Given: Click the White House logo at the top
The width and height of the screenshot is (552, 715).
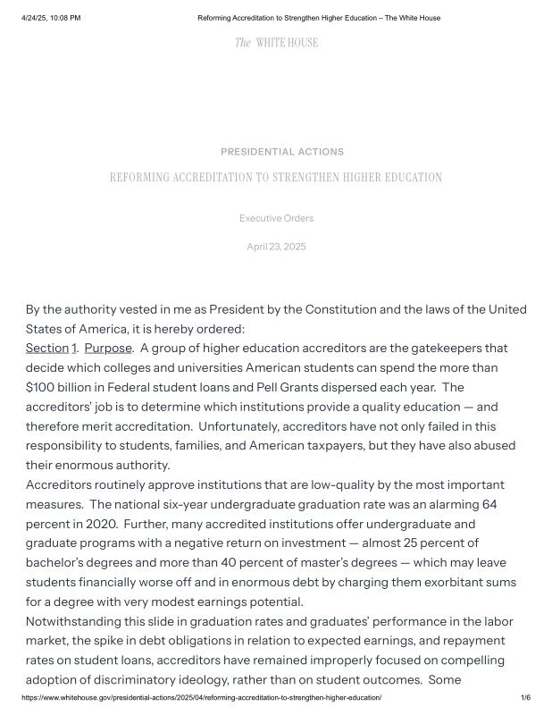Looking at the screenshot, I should (x=276, y=43).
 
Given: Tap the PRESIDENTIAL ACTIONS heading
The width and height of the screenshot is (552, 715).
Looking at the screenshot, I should (x=282, y=152).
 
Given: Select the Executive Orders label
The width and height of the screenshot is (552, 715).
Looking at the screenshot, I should (x=276, y=218).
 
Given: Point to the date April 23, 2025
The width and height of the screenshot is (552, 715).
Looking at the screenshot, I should (x=276, y=247).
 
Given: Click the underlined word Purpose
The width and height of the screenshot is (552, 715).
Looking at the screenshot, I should (x=108, y=348).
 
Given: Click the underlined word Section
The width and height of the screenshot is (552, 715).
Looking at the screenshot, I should (x=47, y=348).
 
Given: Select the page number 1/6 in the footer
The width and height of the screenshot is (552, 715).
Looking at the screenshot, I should (x=525, y=697).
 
